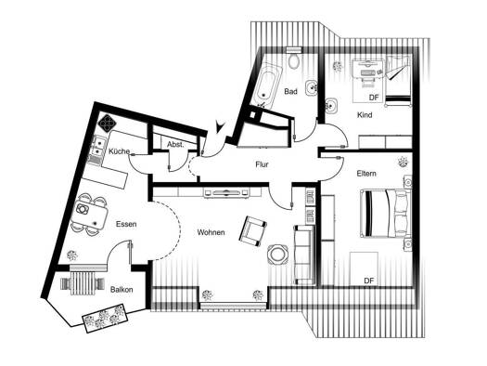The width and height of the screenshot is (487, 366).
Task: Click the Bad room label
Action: pyautogui.click(x=290, y=91)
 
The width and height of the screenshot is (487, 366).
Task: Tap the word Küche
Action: pyautogui.click(x=120, y=151)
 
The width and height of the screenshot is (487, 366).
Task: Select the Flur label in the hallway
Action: pyautogui.click(x=262, y=164)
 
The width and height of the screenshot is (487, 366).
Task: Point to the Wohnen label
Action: pyautogui.click(x=211, y=232)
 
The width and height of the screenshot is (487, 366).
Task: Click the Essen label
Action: pyautogui.click(x=126, y=224)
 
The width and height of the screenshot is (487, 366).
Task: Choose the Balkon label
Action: pyautogui.click(x=122, y=290)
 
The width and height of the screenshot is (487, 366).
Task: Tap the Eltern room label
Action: pyautogui.click(x=366, y=174)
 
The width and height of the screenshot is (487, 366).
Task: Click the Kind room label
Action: pyautogui.click(x=365, y=115)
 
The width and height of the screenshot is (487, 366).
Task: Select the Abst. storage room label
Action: pyautogui.click(x=176, y=145)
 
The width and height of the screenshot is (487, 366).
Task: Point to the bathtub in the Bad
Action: pyautogui.click(x=267, y=85)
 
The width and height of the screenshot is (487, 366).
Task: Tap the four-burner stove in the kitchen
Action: pyautogui.click(x=108, y=124)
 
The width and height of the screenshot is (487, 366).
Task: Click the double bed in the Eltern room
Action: pyautogui.click(x=386, y=214)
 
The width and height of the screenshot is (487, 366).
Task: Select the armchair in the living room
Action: pyautogui.click(x=253, y=230)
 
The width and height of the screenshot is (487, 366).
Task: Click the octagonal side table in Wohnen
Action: pyautogui.click(x=278, y=255)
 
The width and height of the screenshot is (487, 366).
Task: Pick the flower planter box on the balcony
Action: pyautogui.click(x=105, y=318)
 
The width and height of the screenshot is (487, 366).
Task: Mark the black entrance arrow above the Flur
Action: pyautogui.click(x=220, y=126)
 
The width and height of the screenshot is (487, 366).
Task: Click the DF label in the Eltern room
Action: pyautogui.click(x=369, y=281)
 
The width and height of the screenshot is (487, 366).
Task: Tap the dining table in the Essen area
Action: pyautogui.click(x=90, y=214)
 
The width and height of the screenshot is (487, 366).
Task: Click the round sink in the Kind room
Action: pyautogui.click(x=332, y=105)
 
